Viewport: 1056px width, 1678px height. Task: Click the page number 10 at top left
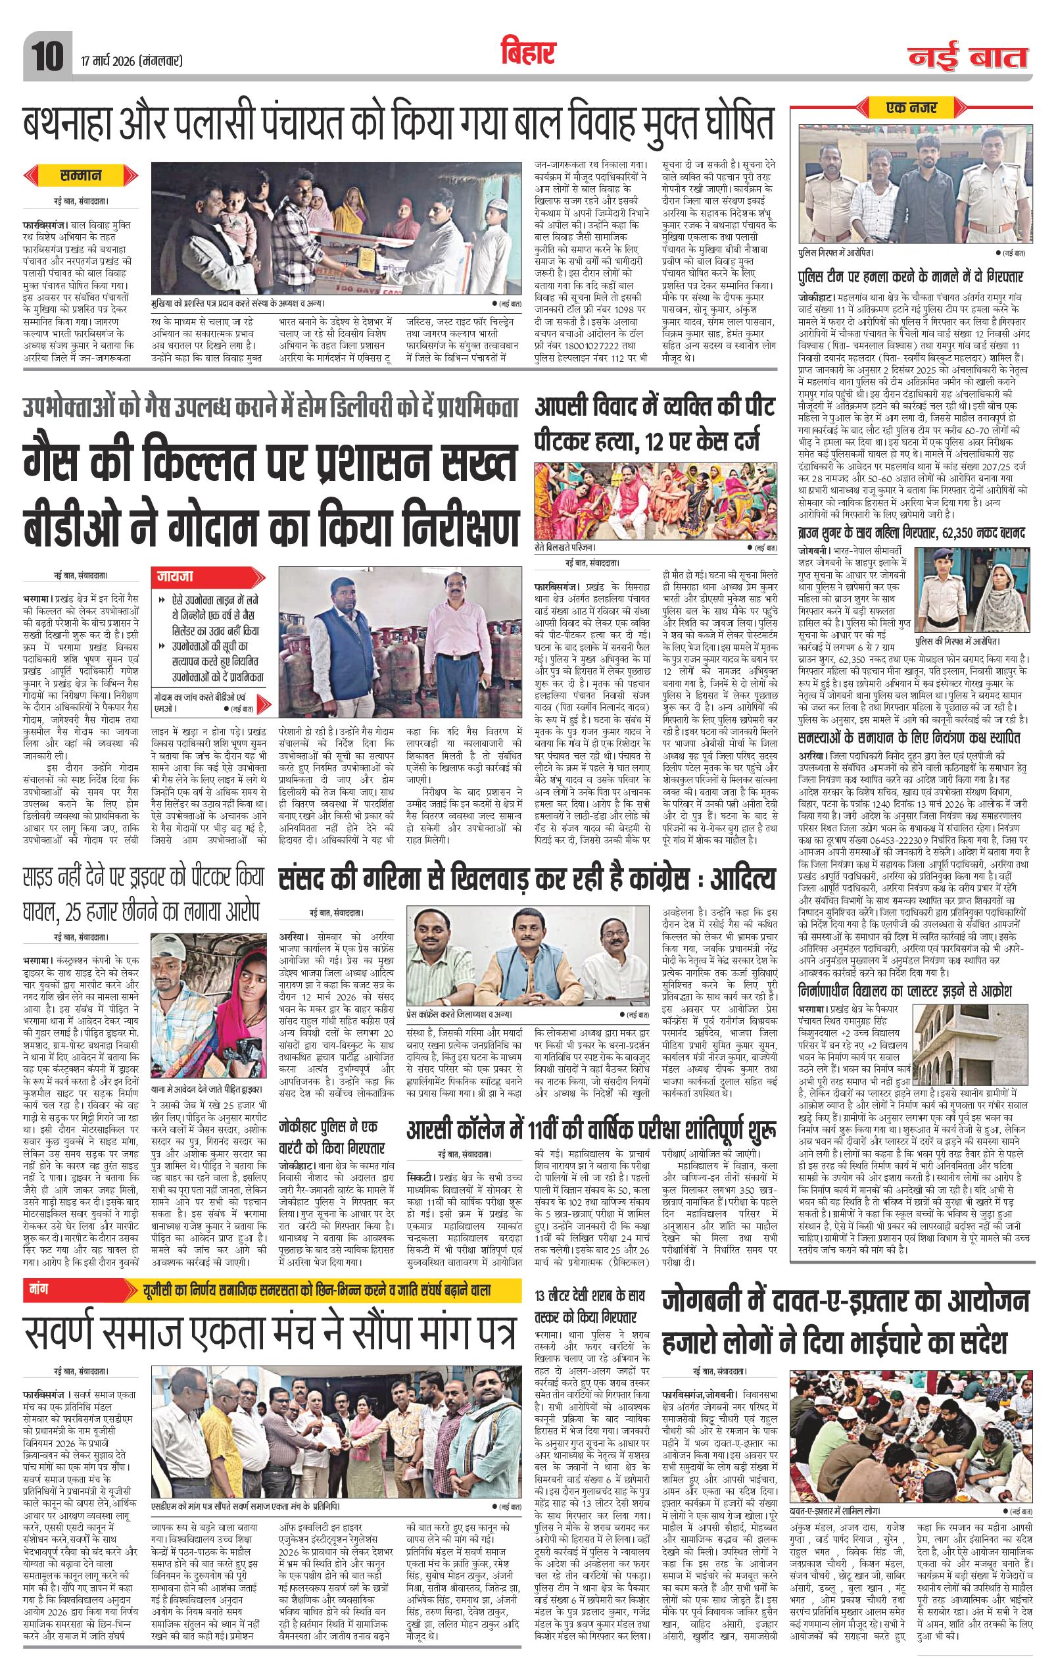click(x=47, y=52)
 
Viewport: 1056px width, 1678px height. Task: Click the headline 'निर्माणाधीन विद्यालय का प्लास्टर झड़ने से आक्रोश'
click(x=905, y=991)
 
